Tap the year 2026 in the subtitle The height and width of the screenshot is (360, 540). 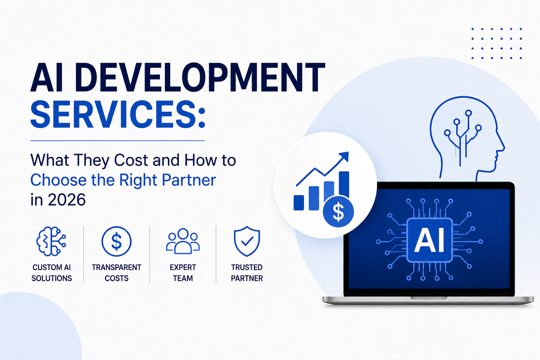point(66,199)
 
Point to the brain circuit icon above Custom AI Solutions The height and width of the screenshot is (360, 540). point(51,241)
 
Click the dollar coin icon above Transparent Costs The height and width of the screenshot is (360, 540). point(116,241)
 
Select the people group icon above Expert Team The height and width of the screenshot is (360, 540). point(183,241)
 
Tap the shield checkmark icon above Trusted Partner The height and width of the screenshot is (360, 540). point(247,241)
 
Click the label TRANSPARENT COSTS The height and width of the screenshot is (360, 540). point(116,273)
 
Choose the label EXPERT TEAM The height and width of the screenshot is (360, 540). point(183,273)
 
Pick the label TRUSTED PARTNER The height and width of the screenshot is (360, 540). point(247,273)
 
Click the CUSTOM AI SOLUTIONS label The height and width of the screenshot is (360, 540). point(52,273)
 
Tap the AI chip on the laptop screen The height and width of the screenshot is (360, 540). point(429,240)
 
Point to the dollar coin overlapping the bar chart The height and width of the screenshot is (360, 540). point(338,212)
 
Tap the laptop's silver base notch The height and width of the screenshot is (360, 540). point(429,298)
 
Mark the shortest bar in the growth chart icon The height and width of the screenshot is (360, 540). point(299,203)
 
